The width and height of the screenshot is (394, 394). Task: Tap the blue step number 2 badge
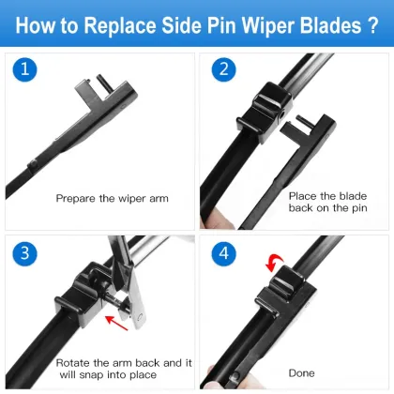[221, 69]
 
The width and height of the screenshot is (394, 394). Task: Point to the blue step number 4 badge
[221, 253]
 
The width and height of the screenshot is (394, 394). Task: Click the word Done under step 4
[301, 373]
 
